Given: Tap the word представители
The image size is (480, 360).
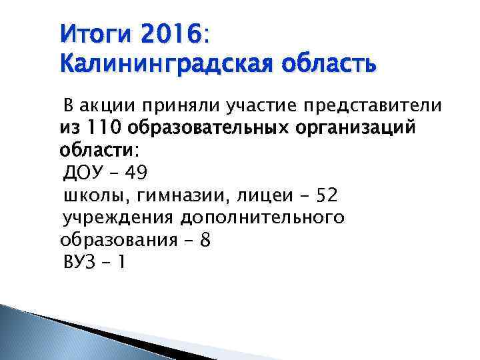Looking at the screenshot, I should pyautogui.click(x=373, y=105).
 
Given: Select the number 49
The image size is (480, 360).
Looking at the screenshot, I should pyautogui.click(x=135, y=173).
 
